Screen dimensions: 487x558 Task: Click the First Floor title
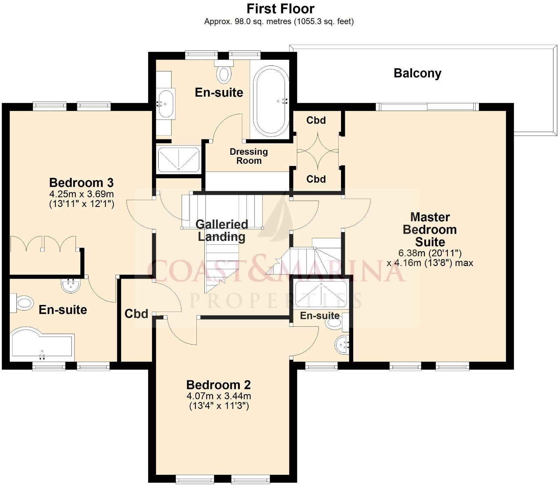pos(280,8)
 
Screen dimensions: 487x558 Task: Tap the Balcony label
pos(417,73)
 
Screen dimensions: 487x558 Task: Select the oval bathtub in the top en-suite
pos(271,101)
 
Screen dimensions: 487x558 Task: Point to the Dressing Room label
pos(249,156)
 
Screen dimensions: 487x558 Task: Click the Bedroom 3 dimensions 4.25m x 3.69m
pos(82,194)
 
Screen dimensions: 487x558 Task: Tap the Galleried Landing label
pos(222,230)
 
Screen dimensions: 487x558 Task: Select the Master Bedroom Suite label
pos(430,229)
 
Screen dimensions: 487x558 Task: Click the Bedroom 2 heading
pos(218,385)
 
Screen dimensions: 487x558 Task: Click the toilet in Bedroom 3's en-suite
pos(23,303)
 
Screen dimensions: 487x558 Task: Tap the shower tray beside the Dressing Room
pos(179,160)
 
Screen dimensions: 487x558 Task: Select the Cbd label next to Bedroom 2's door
pos(136,314)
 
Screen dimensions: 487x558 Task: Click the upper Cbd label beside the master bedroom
pos(316,120)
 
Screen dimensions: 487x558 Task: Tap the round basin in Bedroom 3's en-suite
pos(71,285)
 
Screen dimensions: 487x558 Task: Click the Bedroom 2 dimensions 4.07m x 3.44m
pos(219,396)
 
